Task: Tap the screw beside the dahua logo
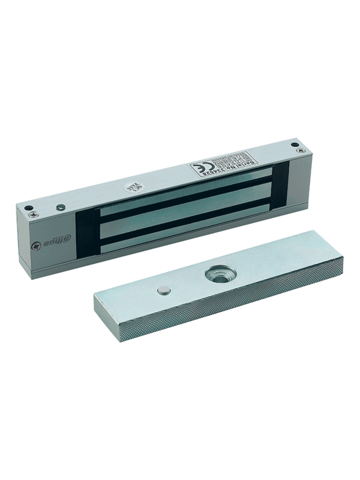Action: tap(36, 246)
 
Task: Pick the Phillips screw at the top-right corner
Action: tap(300, 150)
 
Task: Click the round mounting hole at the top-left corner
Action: tap(29, 208)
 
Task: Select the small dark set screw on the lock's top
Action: tap(60, 207)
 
